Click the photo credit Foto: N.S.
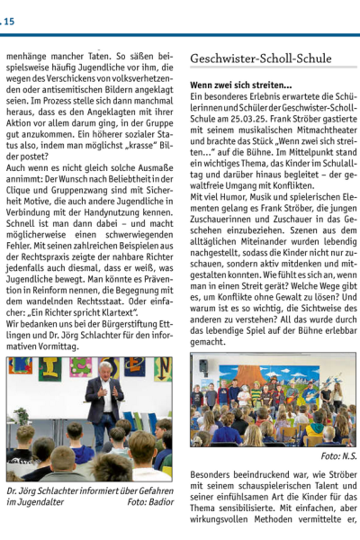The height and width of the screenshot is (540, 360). point(338,456)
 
